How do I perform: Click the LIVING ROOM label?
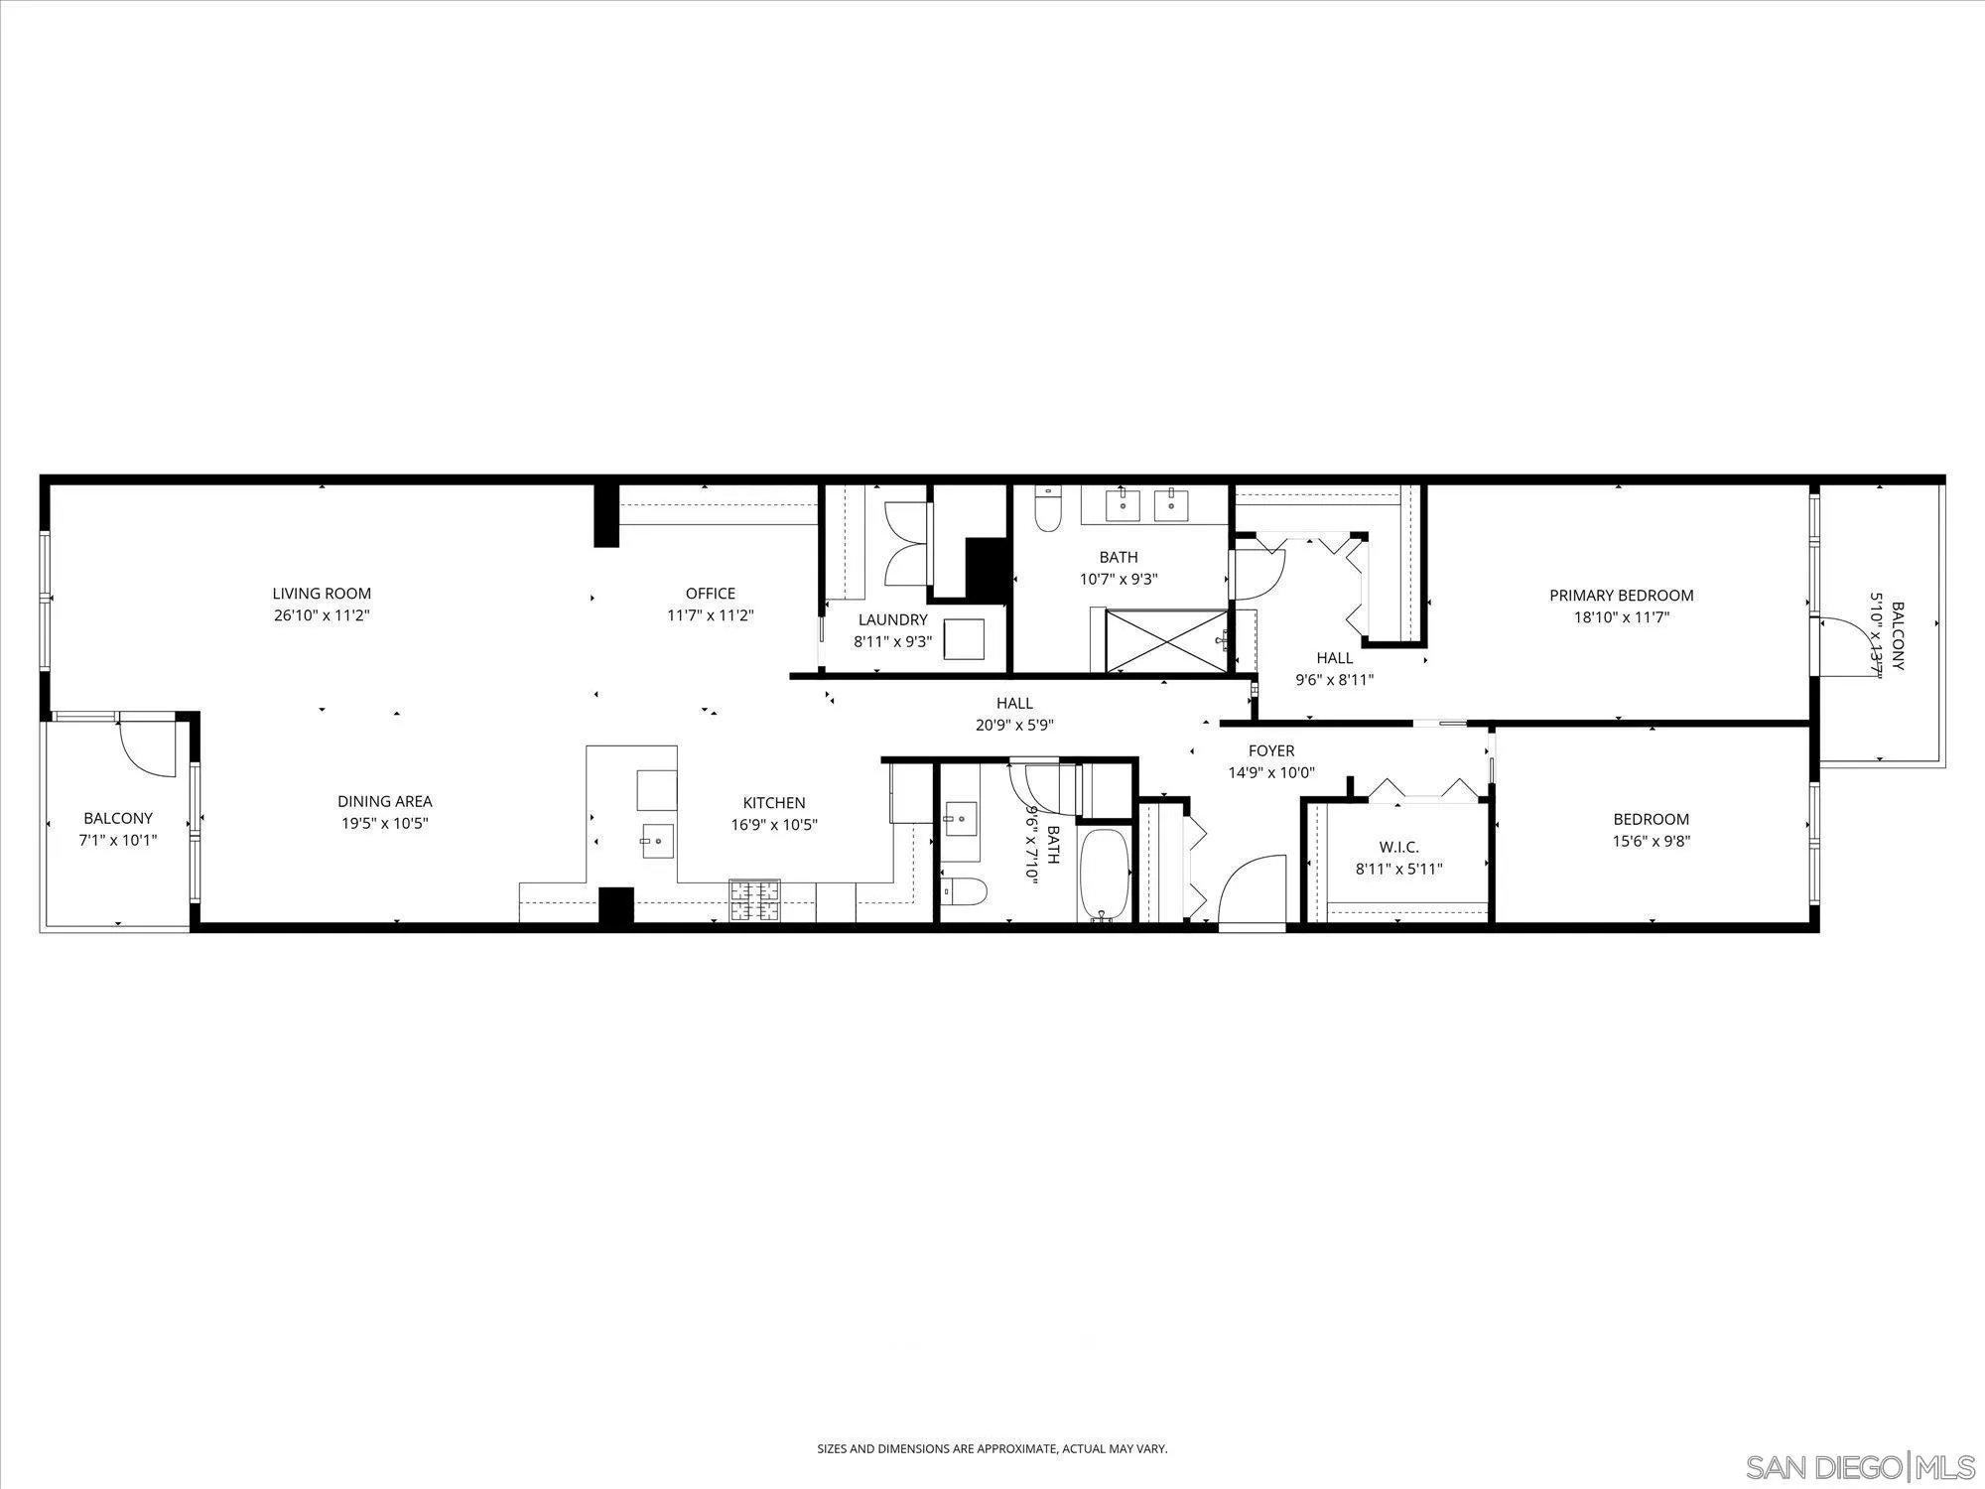(x=322, y=594)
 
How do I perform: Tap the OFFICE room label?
(x=711, y=594)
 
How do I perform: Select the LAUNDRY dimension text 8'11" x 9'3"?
(x=893, y=641)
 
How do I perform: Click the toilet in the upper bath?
(x=1048, y=508)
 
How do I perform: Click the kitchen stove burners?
(x=755, y=900)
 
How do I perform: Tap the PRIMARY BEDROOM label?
(x=1622, y=596)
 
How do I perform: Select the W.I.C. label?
(x=1399, y=847)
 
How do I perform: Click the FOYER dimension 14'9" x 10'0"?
(x=1271, y=772)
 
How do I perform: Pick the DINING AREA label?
(x=385, y=801)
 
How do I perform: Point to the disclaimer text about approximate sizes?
(x=992, y=1448)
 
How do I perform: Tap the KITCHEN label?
(x=774, y=803)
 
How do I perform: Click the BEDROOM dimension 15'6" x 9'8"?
(x=1652, y=841)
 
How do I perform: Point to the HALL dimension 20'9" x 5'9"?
(x=1014, y=725)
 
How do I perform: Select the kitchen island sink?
(x=656, y=841)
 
